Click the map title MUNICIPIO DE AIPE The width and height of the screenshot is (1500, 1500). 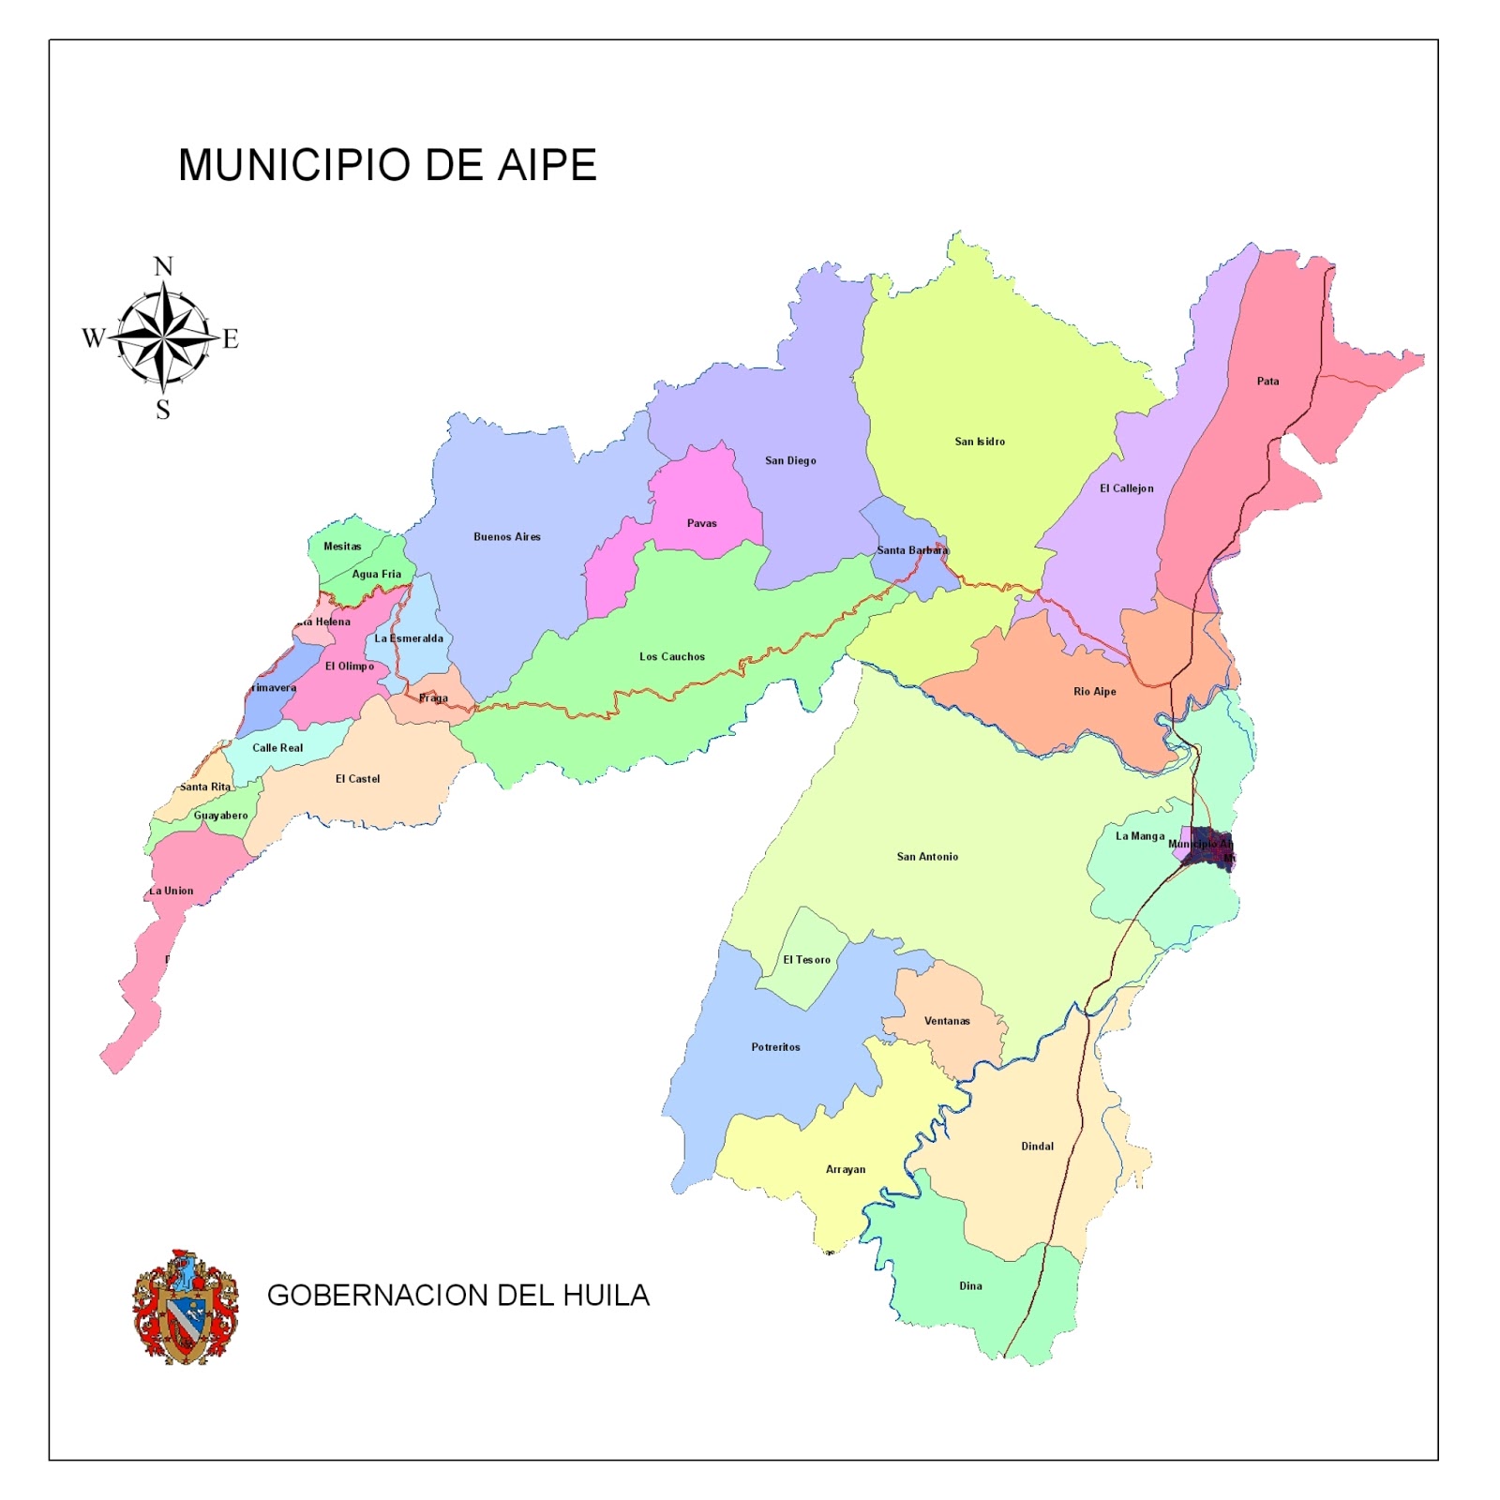point(387,165)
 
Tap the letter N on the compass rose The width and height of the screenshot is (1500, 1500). point(163,267)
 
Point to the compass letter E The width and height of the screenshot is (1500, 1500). point(231,338)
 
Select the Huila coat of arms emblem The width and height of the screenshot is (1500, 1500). point(185,1306)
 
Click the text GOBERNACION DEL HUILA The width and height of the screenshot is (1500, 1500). point(457,1295)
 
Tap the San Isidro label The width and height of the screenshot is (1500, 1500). point(980,442)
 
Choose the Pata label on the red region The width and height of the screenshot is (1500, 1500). point(1267,382)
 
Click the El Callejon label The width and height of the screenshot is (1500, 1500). point(1126,488)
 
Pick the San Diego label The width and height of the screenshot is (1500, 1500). point(790,460)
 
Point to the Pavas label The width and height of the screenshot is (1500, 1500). point(701,523)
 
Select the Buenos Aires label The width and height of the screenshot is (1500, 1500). point(506,537)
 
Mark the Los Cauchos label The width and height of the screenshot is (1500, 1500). point(671,656)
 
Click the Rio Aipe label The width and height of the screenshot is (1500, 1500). point(1094,692)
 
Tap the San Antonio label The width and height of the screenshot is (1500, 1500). point(927,857)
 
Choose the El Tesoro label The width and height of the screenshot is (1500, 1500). point(806,960)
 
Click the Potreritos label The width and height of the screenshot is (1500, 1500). point(775,1047)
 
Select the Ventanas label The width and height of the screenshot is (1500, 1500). point(947,1021)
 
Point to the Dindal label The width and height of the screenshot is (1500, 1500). point(1037,1147)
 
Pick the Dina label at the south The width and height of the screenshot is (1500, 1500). point(970,1286)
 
